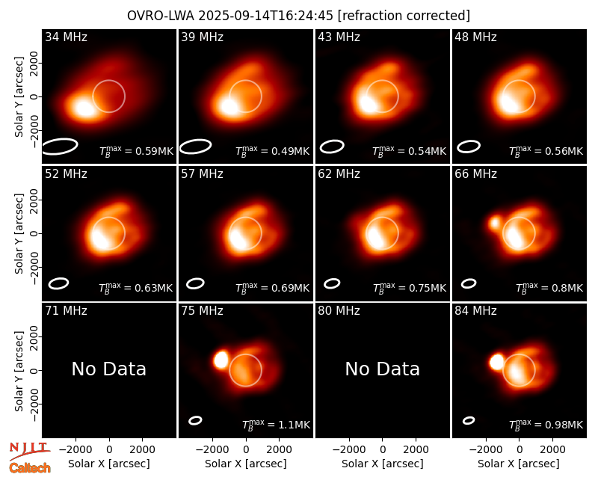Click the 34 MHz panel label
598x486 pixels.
click(66, 37)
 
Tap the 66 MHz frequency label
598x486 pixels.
click(475, 174)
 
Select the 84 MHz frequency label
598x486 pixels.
click(475, 311)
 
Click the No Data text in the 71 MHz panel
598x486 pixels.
click(109, 369)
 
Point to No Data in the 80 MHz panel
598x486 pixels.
click(383, 369)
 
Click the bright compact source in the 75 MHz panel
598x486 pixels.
click(221, 360)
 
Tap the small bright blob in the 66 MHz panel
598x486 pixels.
click(495, 223)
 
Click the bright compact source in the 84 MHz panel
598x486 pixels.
click(496, 362)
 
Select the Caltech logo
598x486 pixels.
click(30, 468)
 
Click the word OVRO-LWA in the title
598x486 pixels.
click(161, 16)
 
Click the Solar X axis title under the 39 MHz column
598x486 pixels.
click(246, 464)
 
